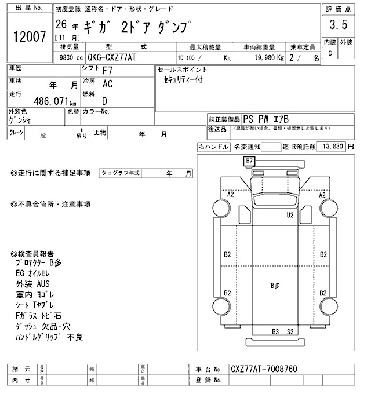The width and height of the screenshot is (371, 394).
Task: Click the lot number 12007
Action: click(27, 37)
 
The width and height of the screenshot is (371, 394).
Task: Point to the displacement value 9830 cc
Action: click(68, 57)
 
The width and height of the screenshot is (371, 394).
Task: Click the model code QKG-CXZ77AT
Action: click(117, 57)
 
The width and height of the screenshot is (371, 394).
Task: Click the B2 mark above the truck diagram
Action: click(249, 160)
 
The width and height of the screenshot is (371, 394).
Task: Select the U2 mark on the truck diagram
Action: click(290, 215)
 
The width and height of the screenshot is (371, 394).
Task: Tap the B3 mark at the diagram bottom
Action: click(276, 331)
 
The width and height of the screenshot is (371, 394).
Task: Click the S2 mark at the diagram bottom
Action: click(291, 331)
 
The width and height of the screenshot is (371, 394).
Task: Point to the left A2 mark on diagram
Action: click(231, 195)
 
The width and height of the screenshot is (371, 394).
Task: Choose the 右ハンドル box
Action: click(213, 147)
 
